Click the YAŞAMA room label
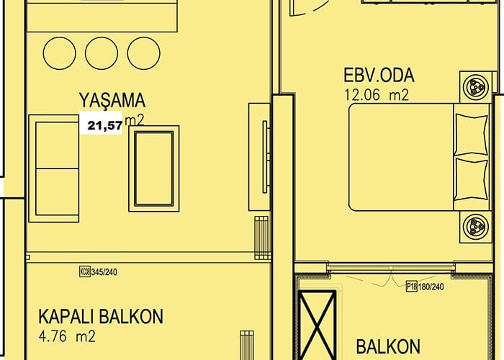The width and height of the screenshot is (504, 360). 112,100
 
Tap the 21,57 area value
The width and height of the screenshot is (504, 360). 105,125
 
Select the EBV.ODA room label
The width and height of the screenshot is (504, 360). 379,75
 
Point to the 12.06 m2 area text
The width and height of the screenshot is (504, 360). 377,95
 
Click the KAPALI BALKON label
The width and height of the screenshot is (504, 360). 101,316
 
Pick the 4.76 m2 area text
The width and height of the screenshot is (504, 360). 67,336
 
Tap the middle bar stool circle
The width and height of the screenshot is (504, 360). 102,53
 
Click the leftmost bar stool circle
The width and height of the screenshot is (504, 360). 60,53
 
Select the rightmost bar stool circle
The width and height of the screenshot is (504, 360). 144,53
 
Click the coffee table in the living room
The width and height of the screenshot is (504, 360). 154,168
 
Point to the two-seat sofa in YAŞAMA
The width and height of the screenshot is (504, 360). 54,168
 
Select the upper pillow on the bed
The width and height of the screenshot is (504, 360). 472,134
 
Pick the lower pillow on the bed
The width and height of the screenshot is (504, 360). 472,179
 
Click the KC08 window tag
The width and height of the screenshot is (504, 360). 85,271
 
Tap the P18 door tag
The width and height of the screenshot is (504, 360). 412,286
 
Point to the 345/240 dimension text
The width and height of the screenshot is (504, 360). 104,272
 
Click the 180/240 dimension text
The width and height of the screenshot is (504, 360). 431,287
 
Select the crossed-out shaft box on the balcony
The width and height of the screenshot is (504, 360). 318,325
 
